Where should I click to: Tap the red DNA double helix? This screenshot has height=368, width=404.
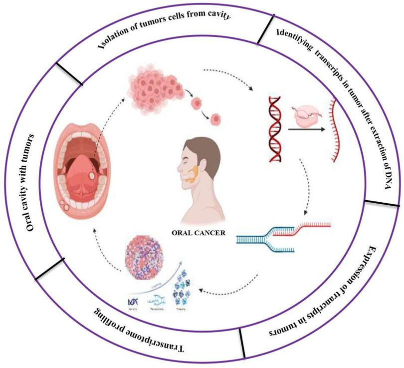(x=277, y=129)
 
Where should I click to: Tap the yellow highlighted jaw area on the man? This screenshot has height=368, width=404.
(x=193, y=172)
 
